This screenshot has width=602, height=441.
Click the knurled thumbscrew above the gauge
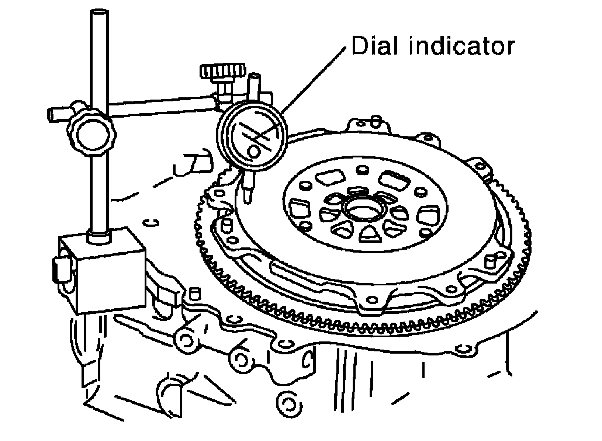click(x=223, y=71)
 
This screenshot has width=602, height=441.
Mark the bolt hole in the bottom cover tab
click(x=372, y=299)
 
